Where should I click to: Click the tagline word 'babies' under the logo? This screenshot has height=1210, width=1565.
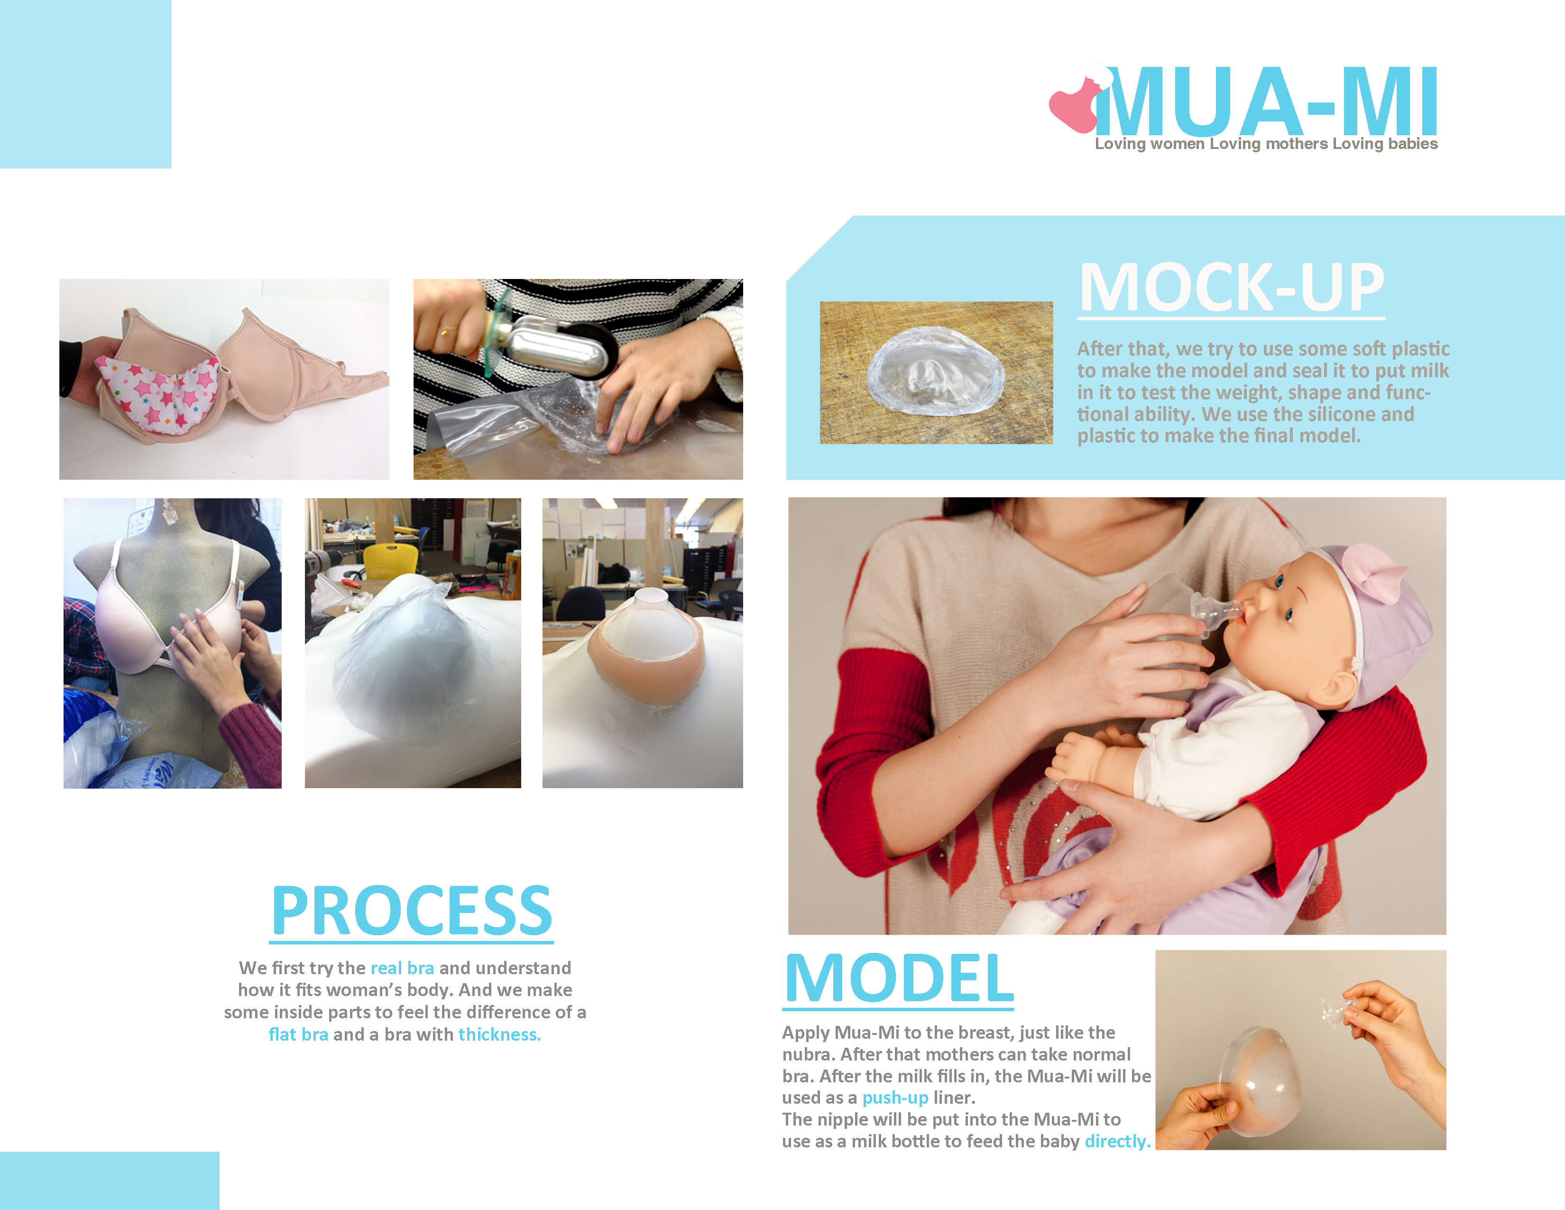pos(1412,144)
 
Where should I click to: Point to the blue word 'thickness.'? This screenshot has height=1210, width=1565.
pos(499,1034)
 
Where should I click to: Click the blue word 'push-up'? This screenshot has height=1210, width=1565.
pos(895,1098)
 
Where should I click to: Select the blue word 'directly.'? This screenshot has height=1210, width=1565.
pos(1117,1141)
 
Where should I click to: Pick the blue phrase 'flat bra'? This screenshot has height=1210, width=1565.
pos(298,1034)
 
